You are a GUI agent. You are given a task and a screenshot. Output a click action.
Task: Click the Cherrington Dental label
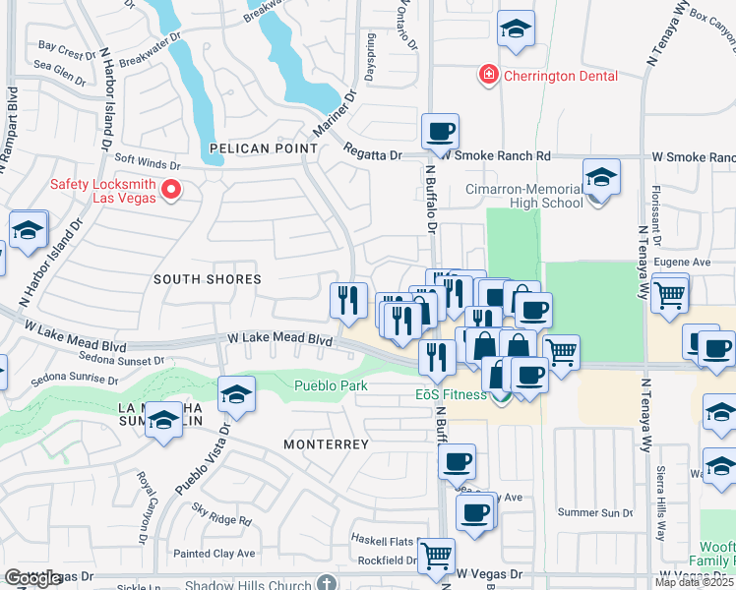[559, 76]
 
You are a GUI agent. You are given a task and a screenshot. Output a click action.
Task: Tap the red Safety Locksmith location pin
[171, 189]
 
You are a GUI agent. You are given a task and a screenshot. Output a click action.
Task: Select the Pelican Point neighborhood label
[264, 148]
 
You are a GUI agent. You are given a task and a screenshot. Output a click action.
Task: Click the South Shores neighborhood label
[208, 279]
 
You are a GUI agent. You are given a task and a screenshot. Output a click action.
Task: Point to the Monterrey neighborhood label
[326, 444]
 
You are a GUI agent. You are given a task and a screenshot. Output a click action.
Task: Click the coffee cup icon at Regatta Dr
[441, 132]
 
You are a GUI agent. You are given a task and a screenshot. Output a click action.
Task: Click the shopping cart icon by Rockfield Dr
[436, 556]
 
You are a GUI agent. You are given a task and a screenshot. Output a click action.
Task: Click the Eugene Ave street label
[689, 263]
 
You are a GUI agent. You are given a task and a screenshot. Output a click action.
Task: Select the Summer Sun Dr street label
[595, 512]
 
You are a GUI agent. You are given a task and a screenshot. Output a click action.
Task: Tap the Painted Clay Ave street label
[215, 554]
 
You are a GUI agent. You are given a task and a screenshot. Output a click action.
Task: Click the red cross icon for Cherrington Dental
[486, 75]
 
